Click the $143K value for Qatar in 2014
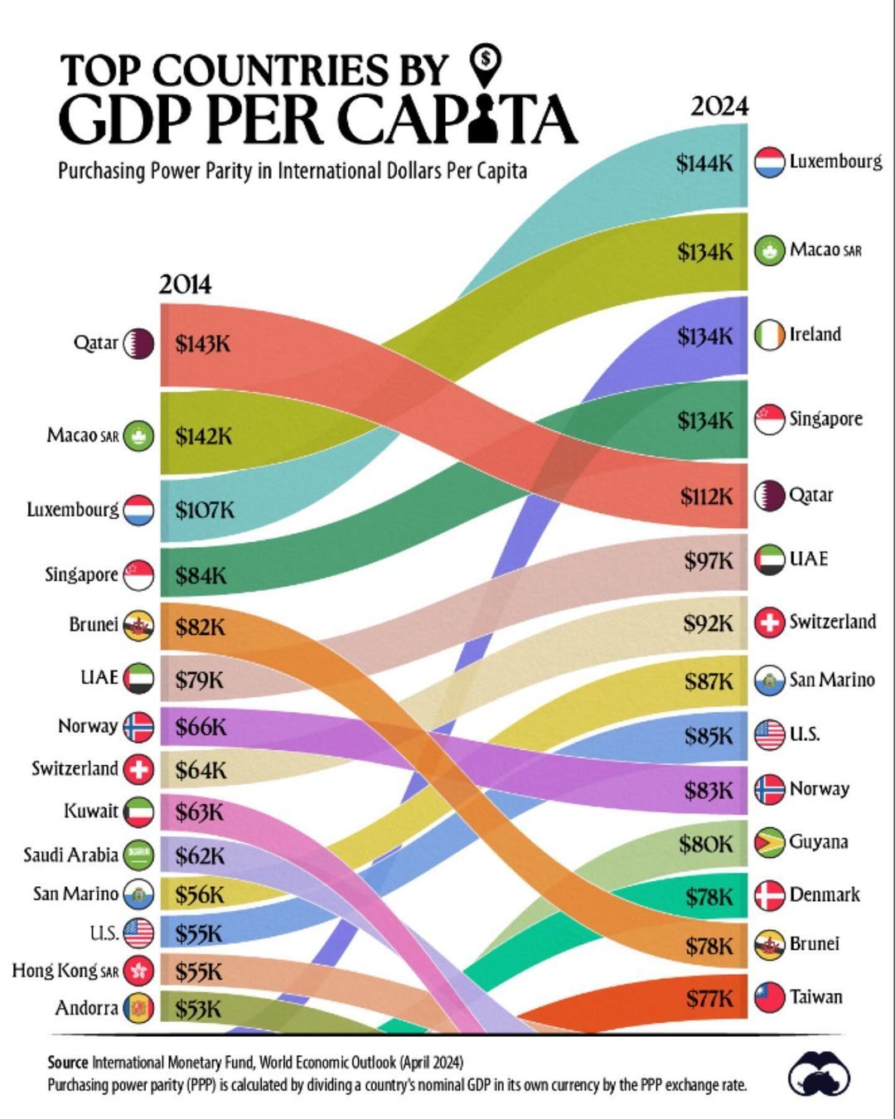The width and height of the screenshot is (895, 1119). coord(202,344)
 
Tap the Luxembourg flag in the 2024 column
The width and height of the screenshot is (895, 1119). coord(769,162)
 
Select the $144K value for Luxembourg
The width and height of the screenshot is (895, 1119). coord(704,163)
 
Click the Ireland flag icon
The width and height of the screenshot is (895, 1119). coord(769,335)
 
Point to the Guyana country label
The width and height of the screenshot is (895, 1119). coord(819,842)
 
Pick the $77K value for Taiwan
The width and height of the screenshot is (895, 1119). coord(709,999)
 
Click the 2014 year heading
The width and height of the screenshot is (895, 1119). coord(185,284)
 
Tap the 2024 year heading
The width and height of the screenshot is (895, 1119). coord(719,106)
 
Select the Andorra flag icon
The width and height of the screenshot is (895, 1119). coord(138,1009)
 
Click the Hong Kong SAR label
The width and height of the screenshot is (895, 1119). coord(65,970)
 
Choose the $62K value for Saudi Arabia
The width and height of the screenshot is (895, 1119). coord(200,855)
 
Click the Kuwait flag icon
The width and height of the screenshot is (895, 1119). coord(138,811)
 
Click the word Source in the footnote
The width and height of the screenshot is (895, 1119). coord(67,1062)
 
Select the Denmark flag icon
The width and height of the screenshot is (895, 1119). coord(769,895)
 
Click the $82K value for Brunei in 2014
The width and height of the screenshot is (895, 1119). coord(200,627)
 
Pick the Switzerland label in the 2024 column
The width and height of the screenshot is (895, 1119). coord(832,622)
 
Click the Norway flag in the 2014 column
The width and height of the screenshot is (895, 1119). coord(138,727)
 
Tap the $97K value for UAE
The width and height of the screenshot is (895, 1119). coord(709,561)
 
